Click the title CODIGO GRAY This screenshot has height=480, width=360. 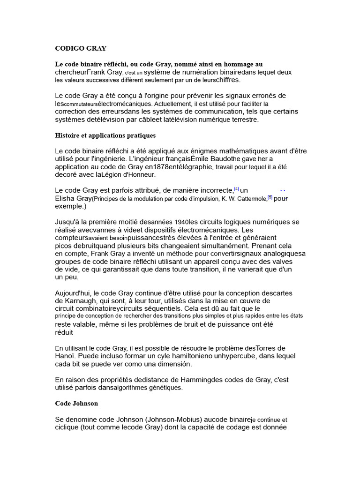(x=81, y=48)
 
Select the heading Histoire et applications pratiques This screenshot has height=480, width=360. (x=105, y=135)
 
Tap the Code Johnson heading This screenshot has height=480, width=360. (x=76, y=403)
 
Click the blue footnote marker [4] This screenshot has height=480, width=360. (x=236, y=189)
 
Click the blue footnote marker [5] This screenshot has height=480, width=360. (x=270, y=197)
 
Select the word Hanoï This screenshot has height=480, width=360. (x=66, y=356)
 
